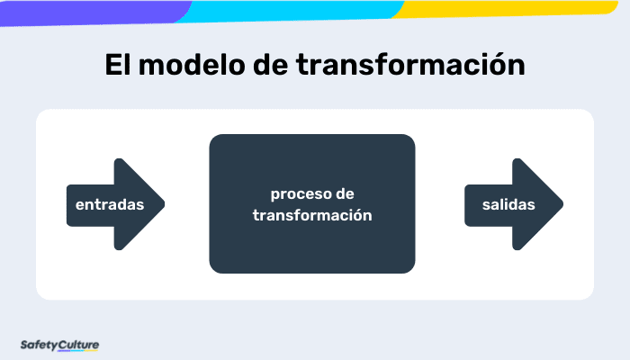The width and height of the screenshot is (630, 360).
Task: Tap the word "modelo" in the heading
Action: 185,67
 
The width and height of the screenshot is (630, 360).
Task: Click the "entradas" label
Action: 110,204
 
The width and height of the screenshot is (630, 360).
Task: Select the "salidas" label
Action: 508,204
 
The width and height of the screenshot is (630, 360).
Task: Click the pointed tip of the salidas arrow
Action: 562,204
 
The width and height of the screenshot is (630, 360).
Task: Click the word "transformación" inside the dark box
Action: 312,215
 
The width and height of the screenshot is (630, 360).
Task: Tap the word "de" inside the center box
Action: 345,194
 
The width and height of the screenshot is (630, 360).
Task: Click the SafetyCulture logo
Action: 59,344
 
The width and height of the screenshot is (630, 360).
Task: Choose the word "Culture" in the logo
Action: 79,344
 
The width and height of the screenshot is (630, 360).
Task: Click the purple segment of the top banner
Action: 90,9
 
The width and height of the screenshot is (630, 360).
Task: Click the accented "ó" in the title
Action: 498,67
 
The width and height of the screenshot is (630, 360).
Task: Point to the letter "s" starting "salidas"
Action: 486,205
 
